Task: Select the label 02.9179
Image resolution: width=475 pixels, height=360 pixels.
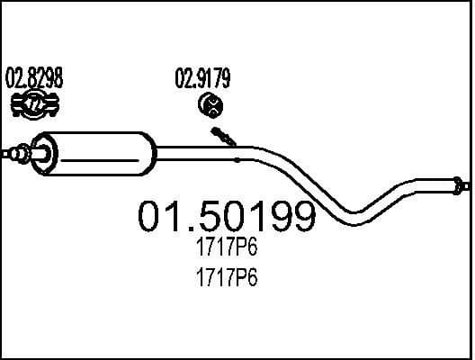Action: (202, 78)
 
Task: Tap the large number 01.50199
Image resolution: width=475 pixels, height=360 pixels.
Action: (226, 216)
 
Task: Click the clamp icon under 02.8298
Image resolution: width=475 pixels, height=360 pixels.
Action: (35, 105)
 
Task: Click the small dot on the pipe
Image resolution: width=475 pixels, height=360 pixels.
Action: (237, 159)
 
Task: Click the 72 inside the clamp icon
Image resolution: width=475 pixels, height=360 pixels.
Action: (35, 105)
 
